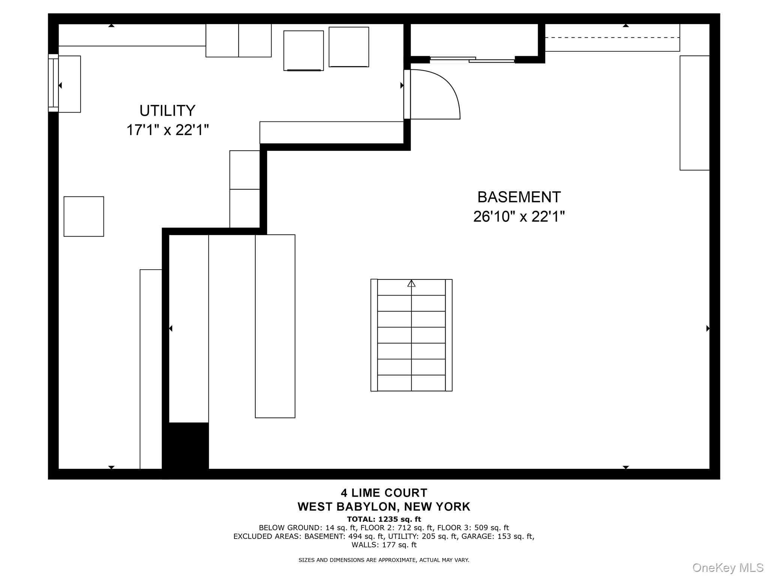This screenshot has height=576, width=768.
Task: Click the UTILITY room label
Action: [x=167, y=111]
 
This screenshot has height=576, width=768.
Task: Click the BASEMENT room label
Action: [x=519, y=197]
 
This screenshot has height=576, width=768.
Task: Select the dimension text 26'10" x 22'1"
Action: [x=519, y=217]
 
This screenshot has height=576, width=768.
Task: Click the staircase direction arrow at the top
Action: [x=411, y=283]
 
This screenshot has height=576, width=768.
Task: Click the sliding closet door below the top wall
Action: [x=472, y=60]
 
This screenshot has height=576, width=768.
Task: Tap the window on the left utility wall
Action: [x=53, y=83]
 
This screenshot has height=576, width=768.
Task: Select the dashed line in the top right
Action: [x=612, y=37]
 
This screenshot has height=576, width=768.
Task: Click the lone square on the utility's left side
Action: [x=84, y=216]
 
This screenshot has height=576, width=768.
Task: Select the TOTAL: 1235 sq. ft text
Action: [x=384, y=519]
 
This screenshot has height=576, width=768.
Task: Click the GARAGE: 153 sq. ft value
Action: [x=497, y=537]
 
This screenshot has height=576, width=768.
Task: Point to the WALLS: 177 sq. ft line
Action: [x=384, y=545]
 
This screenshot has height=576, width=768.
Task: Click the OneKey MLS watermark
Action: [x=727, y=567]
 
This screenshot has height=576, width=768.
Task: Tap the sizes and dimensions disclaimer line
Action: [x=384, y=560]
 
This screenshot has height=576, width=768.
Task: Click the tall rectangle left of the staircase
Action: [x=275, y=326]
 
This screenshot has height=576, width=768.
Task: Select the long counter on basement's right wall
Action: [x=694, y=113]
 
